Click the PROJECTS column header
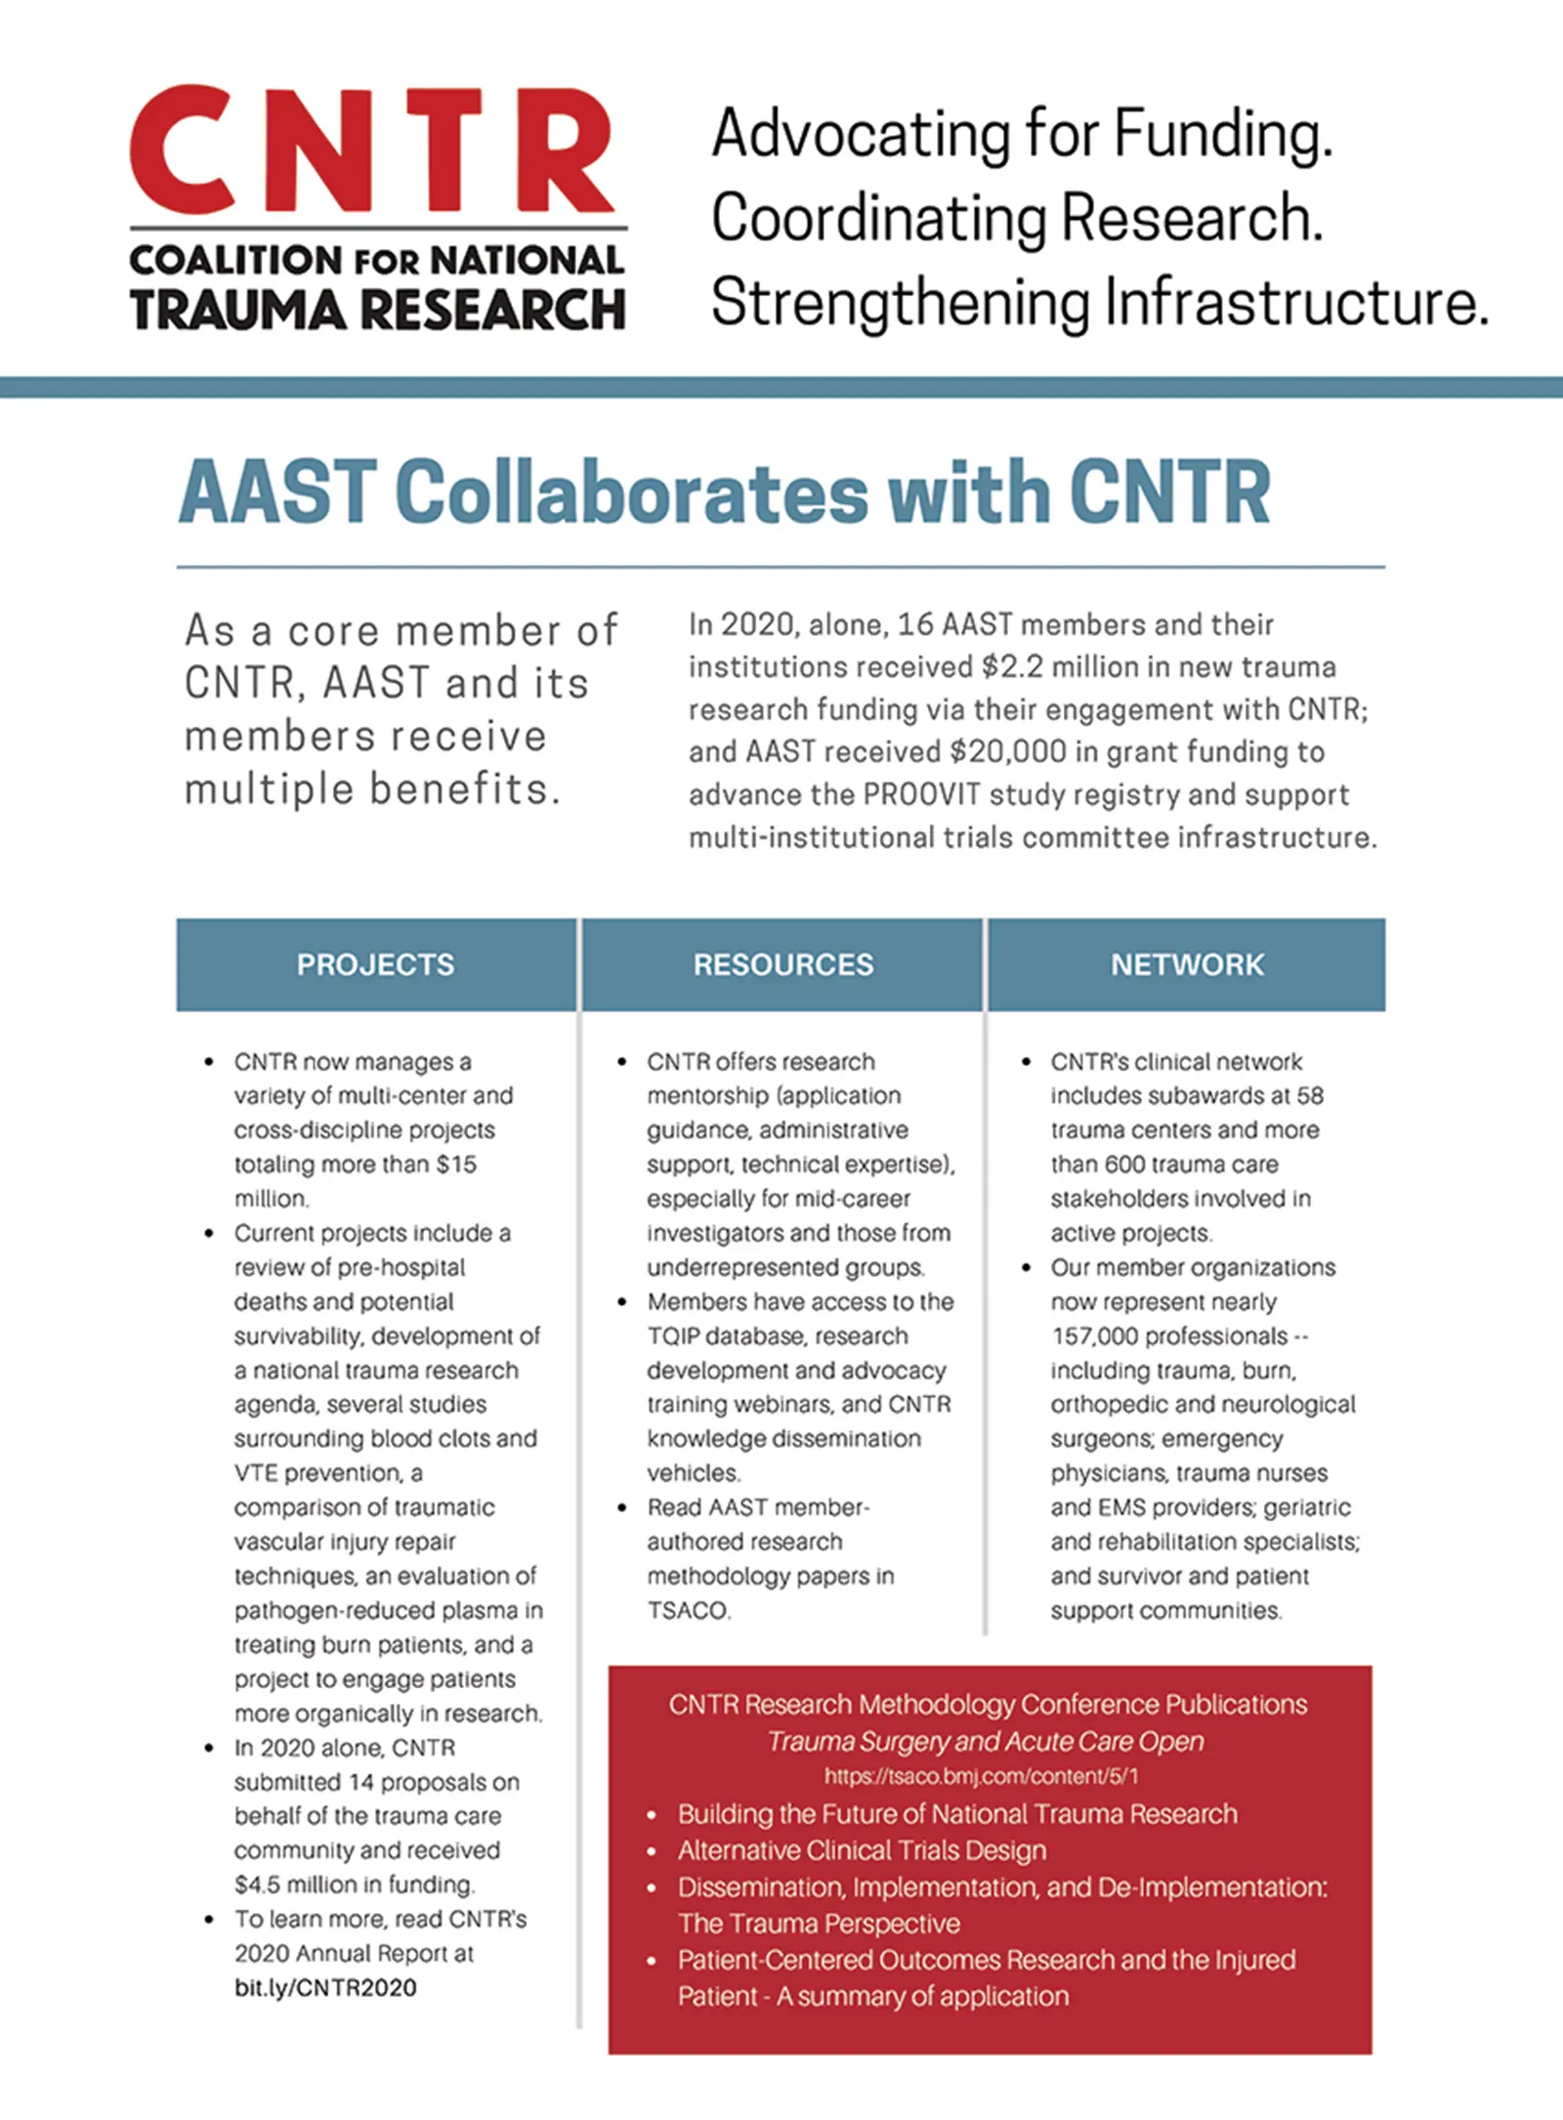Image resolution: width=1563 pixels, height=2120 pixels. pyautogui.click(x=375, y=964)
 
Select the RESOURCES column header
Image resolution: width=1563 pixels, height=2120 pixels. pyautogui.click(x=783, y=964)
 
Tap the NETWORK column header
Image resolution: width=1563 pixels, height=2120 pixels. pyautogui.click(x=1187, y=964)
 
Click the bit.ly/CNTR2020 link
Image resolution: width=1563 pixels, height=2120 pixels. pyautogui.click(x=325, y=1987)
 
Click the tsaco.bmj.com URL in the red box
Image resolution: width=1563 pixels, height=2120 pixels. pyautogui.click(x=982, y=1776)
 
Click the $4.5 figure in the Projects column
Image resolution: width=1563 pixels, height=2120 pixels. pyautogui.click(x=256, y=1884)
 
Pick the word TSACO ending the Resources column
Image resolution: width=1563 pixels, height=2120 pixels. pyautogui.click(x=688, y=1610)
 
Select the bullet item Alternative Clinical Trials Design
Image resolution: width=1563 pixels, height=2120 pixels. pyautogui.click(x=862, y=1850)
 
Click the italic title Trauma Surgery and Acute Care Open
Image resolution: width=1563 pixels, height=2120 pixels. pyautogui.click(x=986, y=1741)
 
